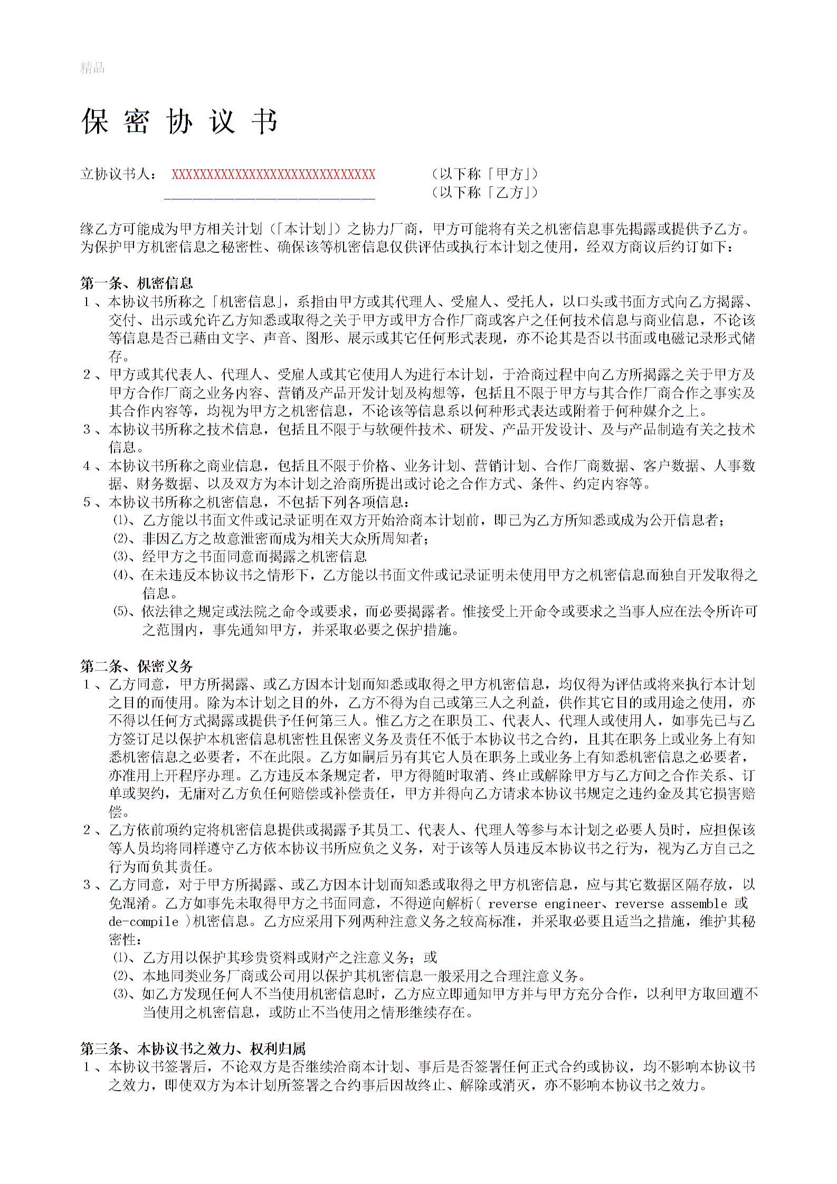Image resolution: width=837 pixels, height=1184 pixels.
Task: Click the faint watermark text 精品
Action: click(92, 68)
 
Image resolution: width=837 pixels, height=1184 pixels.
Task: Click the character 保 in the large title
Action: click(95, 122)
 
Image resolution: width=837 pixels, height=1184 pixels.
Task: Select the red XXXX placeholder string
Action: click(273, 175)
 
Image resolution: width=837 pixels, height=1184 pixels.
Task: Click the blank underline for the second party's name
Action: click(270, 196)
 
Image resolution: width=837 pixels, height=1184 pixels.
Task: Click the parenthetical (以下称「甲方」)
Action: click(484, 174)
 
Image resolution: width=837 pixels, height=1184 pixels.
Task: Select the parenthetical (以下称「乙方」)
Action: click(484, 193)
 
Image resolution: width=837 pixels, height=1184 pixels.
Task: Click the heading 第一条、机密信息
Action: click(136, 283)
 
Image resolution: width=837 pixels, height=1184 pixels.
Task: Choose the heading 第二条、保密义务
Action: click(136, 666)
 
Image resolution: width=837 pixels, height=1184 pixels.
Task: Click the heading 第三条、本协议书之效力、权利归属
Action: click(193, 1048)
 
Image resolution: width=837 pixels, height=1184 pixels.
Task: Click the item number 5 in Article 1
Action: click(87, 502)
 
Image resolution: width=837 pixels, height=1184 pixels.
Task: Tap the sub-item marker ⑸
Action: click(121, 612)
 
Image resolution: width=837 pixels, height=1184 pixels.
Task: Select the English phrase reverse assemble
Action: click(670, 904)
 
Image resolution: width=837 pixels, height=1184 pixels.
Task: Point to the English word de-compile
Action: click(144, 922)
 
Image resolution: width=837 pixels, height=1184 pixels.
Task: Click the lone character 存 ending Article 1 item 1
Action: click(116, 356)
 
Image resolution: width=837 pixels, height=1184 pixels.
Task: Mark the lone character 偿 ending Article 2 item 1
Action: click(116, 811)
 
